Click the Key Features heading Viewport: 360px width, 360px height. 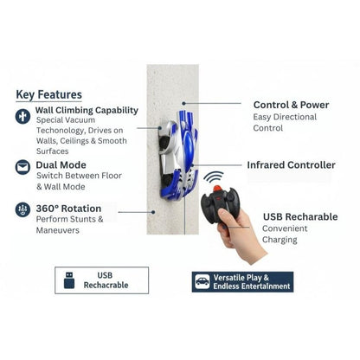tap(48, 94)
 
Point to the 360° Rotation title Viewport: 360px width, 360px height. tap(69, 208)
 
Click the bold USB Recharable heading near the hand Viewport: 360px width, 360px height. tap(300, 216)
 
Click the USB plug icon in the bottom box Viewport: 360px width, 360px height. tap(69, 278)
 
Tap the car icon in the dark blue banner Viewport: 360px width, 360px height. tap(202, 282)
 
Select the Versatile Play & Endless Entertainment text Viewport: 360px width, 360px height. tap(252, 282)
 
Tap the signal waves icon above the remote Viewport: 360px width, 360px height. tap(213, 177)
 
